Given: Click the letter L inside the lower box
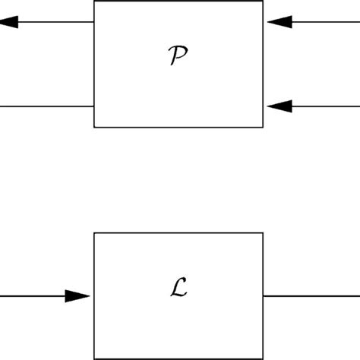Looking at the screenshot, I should [x=179, y=289].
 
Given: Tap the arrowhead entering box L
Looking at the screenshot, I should [x=77, y=296].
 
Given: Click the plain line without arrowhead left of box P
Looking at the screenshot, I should [x=46, y=106].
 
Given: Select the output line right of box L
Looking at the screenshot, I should [x=311, y=296].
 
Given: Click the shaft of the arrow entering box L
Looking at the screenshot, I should [x=34, y=296].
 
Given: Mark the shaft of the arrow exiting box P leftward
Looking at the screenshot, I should [x=57, y=22].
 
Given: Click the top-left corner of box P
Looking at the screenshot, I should [x=94, y=2].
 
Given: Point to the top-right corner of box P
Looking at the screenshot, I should [x=264, y=2].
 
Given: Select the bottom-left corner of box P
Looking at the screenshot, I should [x=94, y=127].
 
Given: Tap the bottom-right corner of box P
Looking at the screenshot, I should [x=264, y=127].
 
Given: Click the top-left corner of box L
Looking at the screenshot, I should [x=94, y=233].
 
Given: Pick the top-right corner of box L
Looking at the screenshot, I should [x=264, y=233].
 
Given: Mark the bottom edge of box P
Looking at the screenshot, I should [x=178, y=127].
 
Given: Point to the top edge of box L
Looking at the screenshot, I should [x=178, y=233].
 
